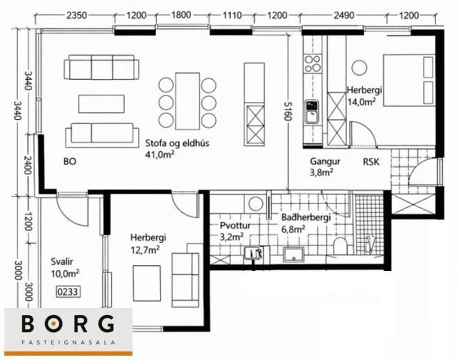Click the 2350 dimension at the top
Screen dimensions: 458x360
[77, 15]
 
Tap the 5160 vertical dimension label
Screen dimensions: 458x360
[288, 111]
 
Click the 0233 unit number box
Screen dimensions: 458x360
[68, 291]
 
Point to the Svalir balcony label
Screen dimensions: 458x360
[62, 261]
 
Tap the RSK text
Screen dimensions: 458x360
[371, 162]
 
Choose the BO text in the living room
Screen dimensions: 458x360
[70, 162]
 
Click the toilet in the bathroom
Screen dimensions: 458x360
[340, 245]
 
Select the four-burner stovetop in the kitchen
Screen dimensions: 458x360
[312, 64]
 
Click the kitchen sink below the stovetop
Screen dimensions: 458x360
[312, 112]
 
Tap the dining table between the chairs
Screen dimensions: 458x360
[188, 101]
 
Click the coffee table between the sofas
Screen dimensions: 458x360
[101, 104]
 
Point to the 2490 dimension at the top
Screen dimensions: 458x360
[344, 15]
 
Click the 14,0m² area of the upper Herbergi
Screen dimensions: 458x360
[361, 101]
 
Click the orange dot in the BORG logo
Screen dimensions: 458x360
[53, 323]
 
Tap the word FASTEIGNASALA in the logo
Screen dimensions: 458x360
[68, 342]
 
